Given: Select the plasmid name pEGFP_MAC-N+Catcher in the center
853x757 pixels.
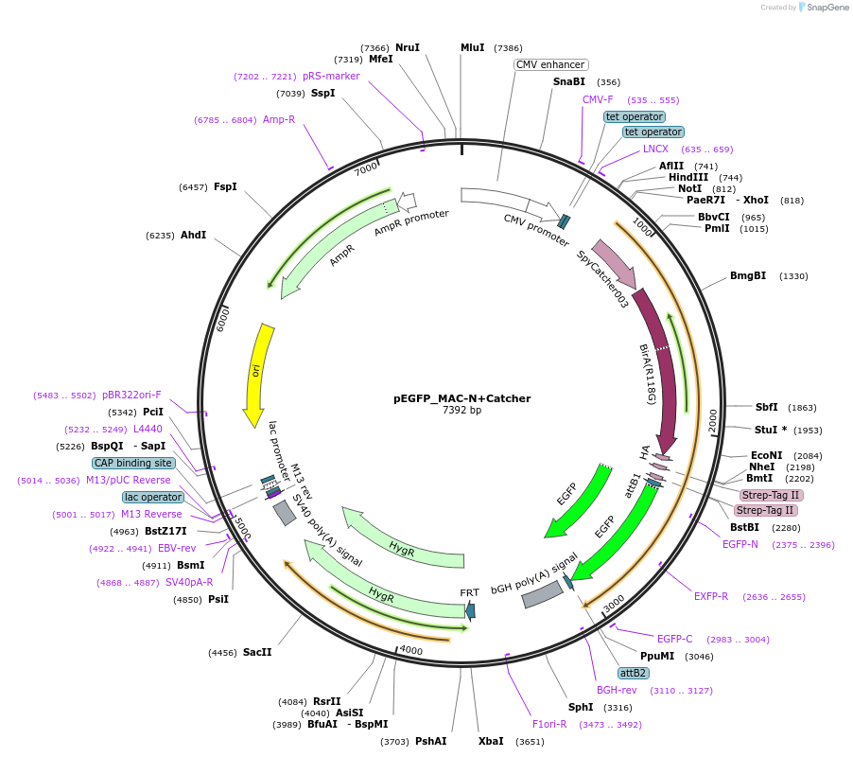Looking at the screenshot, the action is [461, 398].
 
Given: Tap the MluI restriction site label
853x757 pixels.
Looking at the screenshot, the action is [472, 48].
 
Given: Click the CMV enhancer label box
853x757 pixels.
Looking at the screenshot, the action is [550, 64].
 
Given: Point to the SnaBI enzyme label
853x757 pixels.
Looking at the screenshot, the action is [569, 81].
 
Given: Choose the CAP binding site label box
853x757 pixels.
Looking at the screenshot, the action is [133, 463].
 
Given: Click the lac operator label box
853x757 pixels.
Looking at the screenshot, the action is [153, 497].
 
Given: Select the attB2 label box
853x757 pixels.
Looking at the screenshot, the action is [633, 673].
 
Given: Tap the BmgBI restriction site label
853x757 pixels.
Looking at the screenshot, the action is [747, 276].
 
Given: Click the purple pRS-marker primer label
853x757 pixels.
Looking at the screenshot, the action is [331, 77].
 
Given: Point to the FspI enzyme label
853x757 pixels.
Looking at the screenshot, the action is [225, 186].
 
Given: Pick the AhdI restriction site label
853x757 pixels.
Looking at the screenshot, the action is [193, 235].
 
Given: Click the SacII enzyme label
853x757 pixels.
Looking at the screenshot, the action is [257, 652].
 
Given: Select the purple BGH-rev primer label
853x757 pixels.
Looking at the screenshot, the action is [617, 690].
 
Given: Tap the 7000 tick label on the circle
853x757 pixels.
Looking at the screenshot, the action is [366, 168].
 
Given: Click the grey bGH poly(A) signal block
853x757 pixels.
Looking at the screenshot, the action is [543, 594].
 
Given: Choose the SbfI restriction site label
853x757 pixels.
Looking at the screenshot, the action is [766, 407].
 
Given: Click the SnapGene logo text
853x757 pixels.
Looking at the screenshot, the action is [827, 7].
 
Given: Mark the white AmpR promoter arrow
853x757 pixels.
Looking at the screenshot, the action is [407, 202].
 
